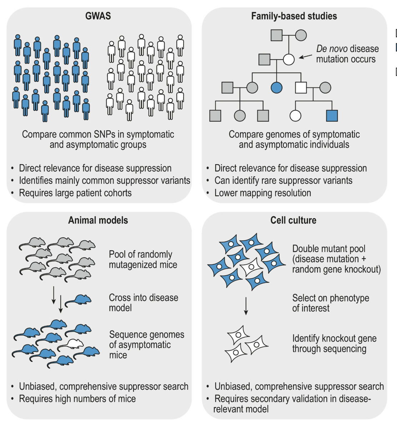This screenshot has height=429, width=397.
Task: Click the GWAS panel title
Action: click(x=98, y=16)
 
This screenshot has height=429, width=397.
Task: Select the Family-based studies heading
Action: click(x=294, y=16)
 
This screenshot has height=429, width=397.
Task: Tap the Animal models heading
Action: click(x=98, y=220)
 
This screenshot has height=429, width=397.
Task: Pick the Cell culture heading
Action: click(x=293, y=220)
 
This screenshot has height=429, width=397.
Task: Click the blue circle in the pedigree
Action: click(x=277, y=88)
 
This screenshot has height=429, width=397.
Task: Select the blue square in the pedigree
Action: click(x=332, y=116)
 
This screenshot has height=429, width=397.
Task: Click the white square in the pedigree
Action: click(x=301, y=88)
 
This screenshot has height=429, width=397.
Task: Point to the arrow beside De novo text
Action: click(x=306, y=57)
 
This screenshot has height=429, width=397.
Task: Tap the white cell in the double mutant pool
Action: click(x=251, y=267)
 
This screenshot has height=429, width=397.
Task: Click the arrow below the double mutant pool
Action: click(x=246, y=306)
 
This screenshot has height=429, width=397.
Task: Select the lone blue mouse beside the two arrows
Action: click(x=78, y=301)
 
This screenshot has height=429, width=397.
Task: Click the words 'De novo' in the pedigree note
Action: click(x=332, y=49)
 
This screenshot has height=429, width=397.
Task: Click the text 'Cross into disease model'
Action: click(x=144, y=303)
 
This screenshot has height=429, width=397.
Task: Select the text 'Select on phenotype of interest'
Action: click(x=331, y=303)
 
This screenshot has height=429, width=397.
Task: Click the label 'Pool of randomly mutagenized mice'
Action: click(x=143, y=259)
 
